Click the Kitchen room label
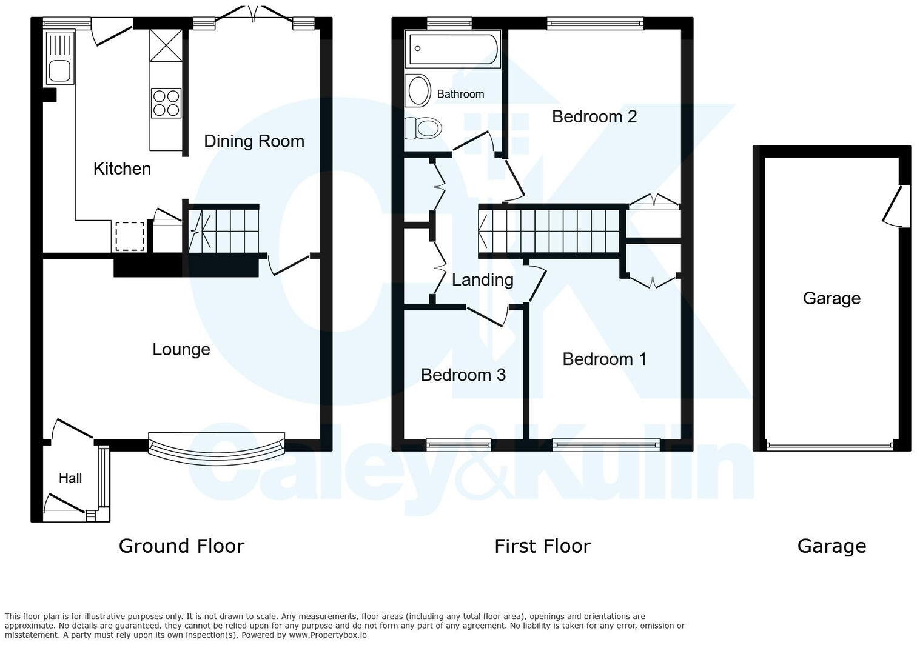click(x=122, y=169)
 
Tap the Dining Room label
click(x=254, y=141)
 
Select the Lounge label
click(x=181, y=349)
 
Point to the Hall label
click(x=70, y=478)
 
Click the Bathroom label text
click(x=460, y=94)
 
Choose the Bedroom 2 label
click(x=594, y=116)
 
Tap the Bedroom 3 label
click(x=463, y=375)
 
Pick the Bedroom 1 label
click(x=604, y=359)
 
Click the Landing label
click(x=482, y=279)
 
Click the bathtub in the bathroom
click(x=453, y=49)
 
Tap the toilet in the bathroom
click(x=423, y=128)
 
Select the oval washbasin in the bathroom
click(x=418, y=91)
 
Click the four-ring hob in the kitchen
click(x=166, y=102)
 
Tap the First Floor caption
click(x=542, y=546)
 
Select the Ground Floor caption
click(x=181, y=546)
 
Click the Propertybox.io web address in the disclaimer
click(x=327, y=635)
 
